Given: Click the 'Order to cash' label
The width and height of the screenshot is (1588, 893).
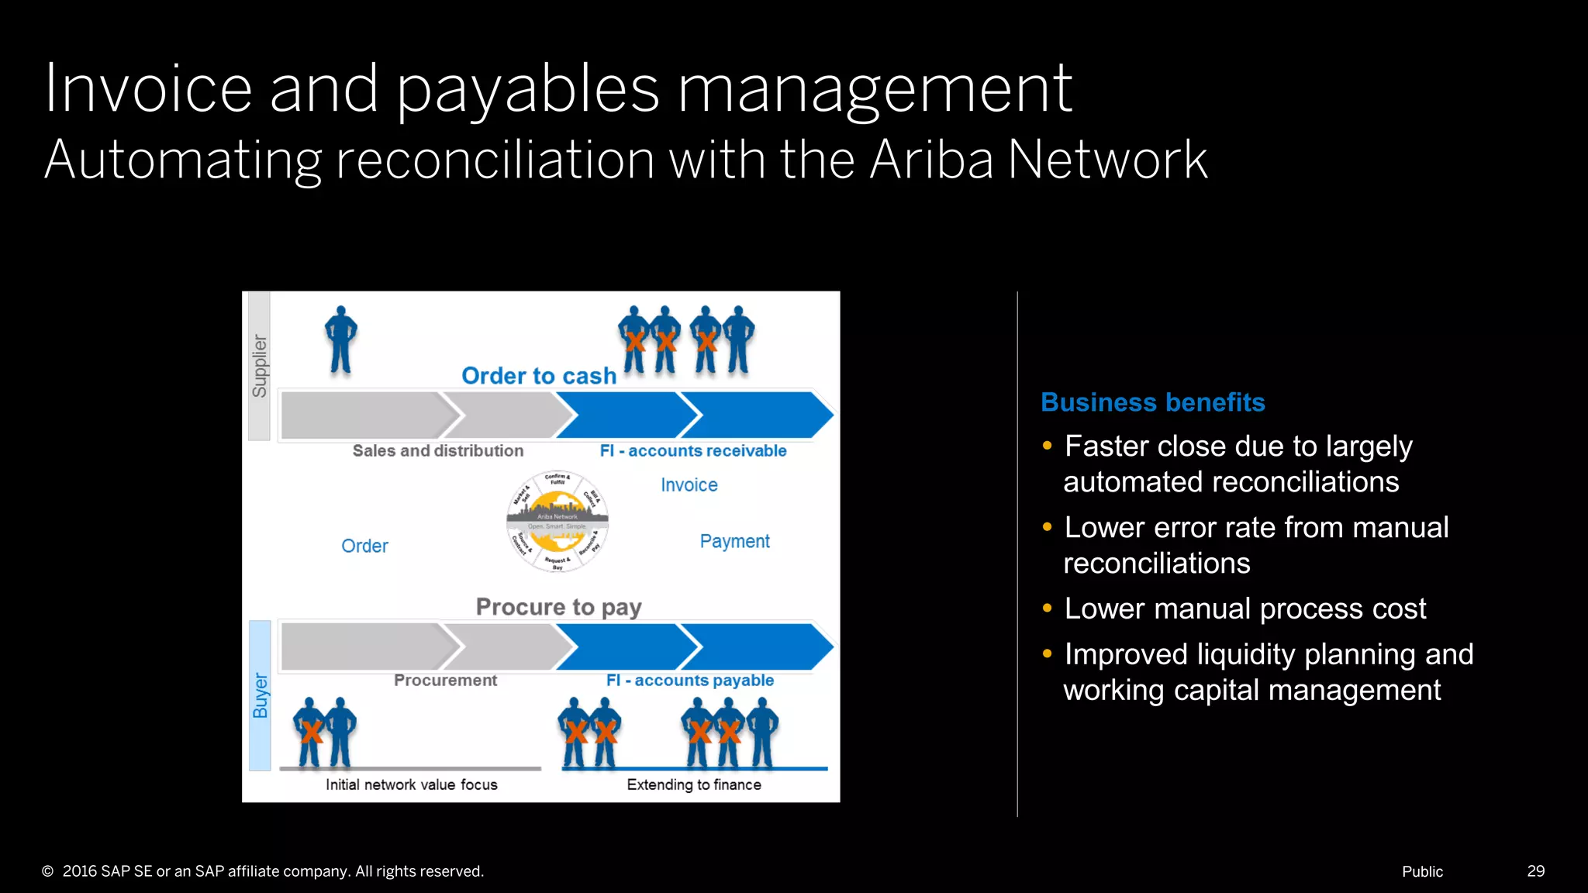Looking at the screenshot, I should [x=539, y=376].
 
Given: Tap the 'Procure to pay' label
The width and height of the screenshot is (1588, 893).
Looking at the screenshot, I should [x=558, y=607].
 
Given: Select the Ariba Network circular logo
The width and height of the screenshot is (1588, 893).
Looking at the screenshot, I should [x=558, y=522].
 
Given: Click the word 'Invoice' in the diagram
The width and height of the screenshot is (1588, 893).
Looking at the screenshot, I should [x=689, y=485].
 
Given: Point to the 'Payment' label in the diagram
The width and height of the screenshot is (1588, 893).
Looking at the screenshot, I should [x=734, y=541].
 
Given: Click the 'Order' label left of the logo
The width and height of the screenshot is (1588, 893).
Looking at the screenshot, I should [x=364, y=546].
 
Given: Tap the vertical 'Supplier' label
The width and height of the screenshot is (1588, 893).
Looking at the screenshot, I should [x=259, y=367].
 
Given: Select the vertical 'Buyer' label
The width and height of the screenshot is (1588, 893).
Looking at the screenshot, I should [x=260, y=695].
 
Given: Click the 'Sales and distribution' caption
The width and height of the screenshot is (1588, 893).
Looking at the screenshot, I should [x=437, y=451].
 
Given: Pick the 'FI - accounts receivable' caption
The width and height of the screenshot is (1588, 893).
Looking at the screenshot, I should [x=693, y=451].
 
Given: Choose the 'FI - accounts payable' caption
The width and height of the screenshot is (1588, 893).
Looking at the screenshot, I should [x=690, y=681].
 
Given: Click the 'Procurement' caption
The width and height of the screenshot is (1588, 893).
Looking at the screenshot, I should [x=445, y=681].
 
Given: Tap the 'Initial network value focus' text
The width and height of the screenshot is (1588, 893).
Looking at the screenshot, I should [x=411, y=784].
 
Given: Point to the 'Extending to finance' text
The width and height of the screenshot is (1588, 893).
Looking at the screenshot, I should [x=694, y=784].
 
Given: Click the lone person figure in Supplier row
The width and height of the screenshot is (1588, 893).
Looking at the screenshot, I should [x=340, y=340].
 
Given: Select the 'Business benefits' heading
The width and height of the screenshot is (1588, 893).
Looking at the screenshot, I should [x=1152, y=402].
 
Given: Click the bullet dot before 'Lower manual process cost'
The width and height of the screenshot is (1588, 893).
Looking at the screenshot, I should [x=1048, y=609].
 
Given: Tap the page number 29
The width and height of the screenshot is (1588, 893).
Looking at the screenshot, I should [x=1535, y=871].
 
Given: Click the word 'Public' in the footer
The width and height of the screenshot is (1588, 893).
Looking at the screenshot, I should [x=1422, y=871].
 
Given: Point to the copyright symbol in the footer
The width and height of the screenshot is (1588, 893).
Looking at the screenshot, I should [x=47, y=871].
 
